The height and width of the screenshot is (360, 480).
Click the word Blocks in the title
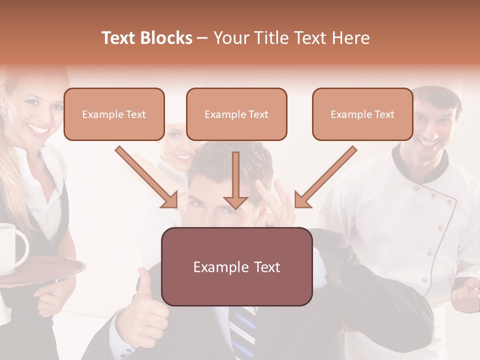[167, 38]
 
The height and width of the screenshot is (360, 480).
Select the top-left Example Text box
[114, 114]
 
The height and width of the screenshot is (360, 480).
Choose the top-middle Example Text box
[236, 114]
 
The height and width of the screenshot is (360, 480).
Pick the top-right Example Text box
[362, 114]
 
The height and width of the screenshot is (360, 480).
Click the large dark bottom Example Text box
[237, 267]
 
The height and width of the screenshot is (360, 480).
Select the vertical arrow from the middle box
[235, 180]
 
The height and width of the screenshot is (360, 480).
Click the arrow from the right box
[326, 178]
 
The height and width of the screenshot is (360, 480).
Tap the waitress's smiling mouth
[38, 129]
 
